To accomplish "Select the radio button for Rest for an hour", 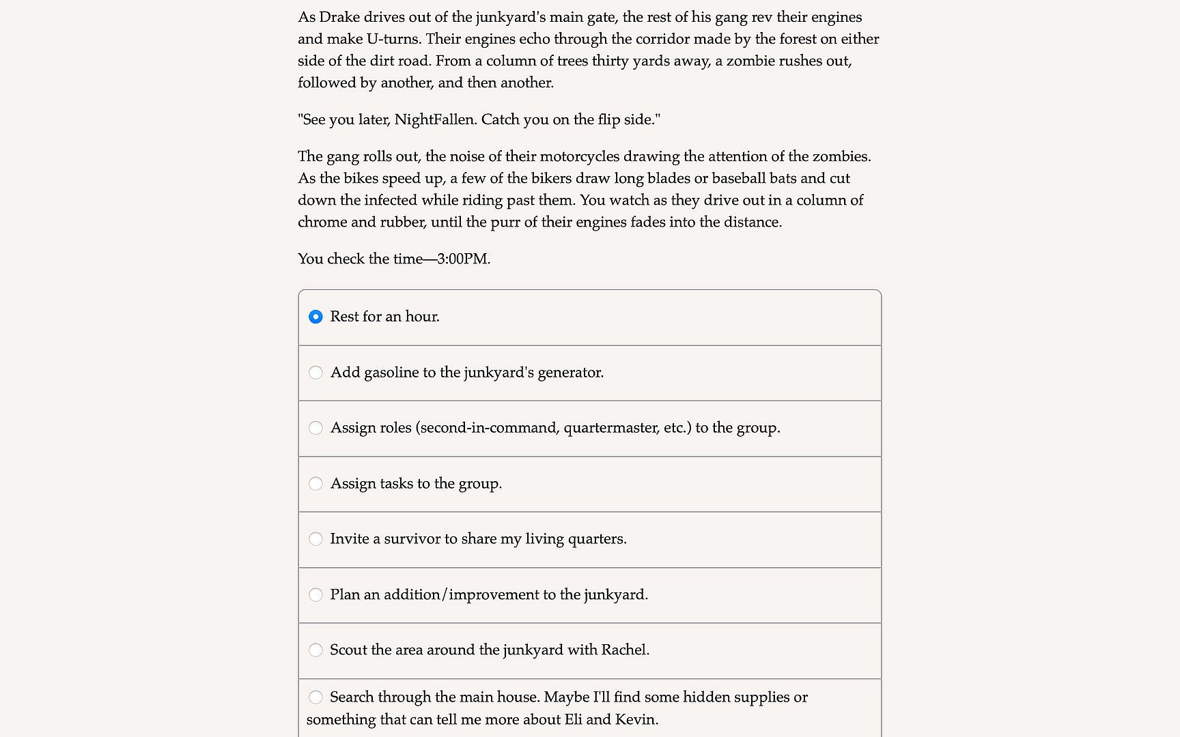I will [315, 317].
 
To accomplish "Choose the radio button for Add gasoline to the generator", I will [315, 373].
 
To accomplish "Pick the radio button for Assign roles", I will [315, 428].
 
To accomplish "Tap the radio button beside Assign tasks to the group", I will [315, 484].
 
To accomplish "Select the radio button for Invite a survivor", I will [315, 539].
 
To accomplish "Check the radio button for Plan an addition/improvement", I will [315, 595].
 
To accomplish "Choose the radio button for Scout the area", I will [315, 650].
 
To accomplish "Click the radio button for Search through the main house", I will [315, 697].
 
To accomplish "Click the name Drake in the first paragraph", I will [339, 17].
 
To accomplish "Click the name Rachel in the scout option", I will [624, 650].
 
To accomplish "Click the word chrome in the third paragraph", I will [322, 222].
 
